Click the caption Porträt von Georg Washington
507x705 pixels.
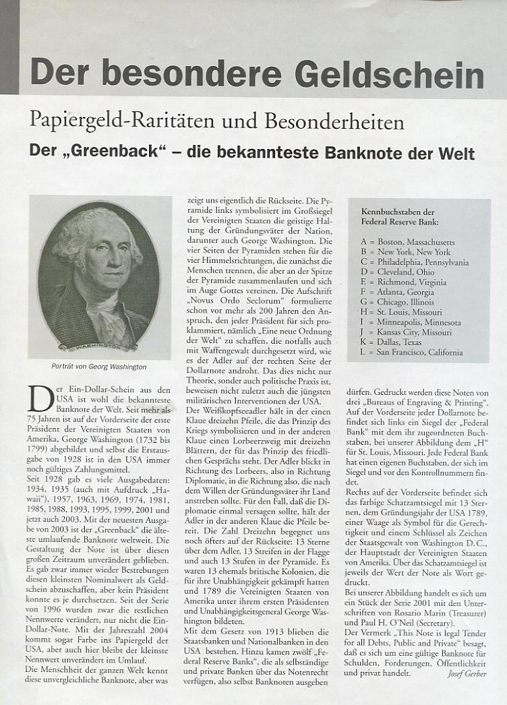point(99,367)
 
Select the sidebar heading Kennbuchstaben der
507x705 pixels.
point(397,211)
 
